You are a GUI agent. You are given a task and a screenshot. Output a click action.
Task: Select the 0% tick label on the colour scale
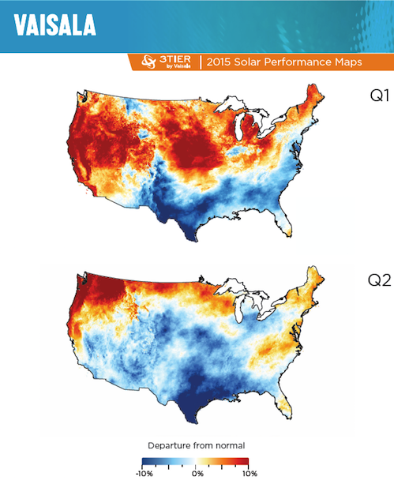tap(197, 473)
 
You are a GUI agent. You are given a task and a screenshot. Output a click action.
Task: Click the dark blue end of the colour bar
tap(147, 460)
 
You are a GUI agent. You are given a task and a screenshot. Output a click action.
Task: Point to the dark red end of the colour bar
tap(246, 460)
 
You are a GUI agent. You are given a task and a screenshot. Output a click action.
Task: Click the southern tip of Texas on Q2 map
tap(188, 423)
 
